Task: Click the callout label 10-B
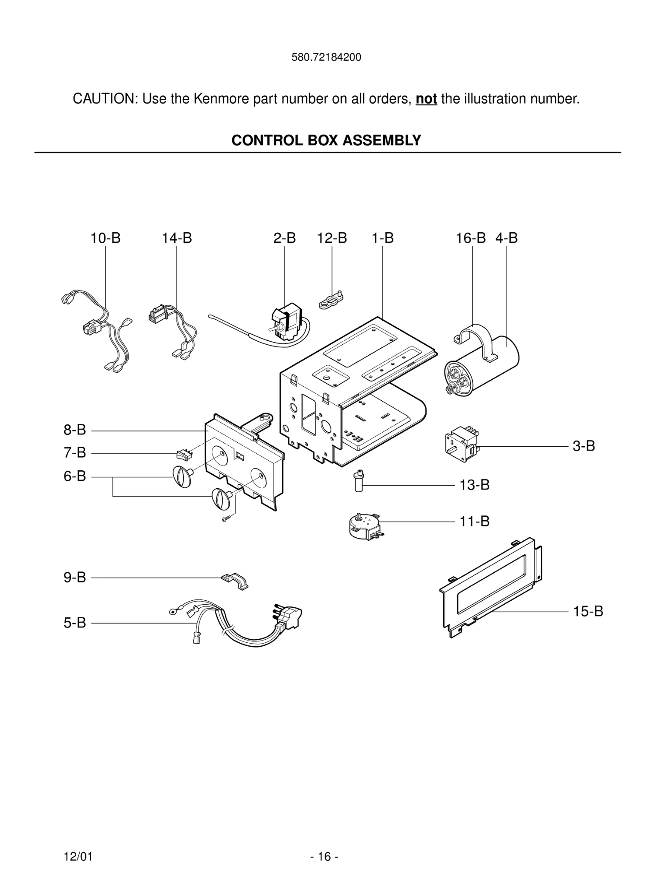click(105, 238)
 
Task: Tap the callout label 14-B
click(177, 238)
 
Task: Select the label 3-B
click(584, 446)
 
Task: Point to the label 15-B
click(588, 612)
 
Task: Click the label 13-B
click(474, 485)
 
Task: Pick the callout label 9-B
click(75, 577)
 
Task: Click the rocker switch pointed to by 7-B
click(184, 455)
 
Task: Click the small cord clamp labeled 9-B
click(235, 581)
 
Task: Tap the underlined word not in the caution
click(426, 99)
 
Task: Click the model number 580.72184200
click(326, 57)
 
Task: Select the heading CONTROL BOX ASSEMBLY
click(326, 140)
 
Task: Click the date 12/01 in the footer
click(78, 857)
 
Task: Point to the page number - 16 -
click(324, 857)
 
